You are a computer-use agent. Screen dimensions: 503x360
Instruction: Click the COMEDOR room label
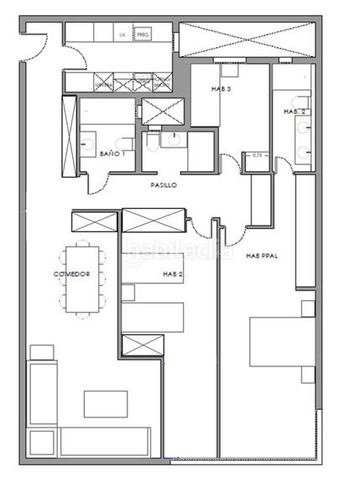71,274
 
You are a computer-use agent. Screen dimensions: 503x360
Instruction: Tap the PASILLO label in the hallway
163,185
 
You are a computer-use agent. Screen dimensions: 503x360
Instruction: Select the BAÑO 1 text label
112,154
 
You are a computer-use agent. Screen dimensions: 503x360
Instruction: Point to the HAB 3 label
221,90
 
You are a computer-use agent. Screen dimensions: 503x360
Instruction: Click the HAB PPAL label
262,257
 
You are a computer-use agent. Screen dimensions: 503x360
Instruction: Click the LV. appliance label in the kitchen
123,35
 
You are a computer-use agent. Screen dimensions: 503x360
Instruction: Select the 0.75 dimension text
258,155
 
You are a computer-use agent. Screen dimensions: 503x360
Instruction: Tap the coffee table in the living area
106,404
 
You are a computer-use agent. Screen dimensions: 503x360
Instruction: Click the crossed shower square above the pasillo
157,111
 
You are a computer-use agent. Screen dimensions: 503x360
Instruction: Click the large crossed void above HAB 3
244,40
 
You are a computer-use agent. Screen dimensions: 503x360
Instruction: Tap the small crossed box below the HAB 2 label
142,345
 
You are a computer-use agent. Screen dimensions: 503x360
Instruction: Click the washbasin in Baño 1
90,145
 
